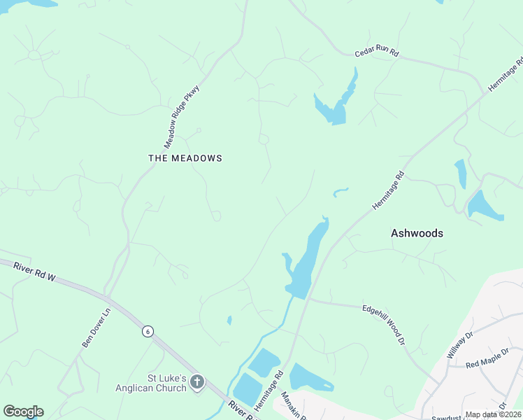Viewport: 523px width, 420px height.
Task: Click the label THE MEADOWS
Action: coord(185,158)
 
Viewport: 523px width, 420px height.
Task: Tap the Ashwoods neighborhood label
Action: coord(417,233)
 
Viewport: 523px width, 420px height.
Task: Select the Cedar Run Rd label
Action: coord(376,52)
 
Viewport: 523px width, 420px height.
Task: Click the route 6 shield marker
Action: coord(148,331)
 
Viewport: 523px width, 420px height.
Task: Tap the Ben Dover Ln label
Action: coord(96,328)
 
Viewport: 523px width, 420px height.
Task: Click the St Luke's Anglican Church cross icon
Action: coord(197,382)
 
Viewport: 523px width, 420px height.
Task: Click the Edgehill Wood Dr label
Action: coord(384,323)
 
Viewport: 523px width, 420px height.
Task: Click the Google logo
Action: coord(23,412)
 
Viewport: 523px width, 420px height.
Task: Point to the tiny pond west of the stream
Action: coord(229,321)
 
